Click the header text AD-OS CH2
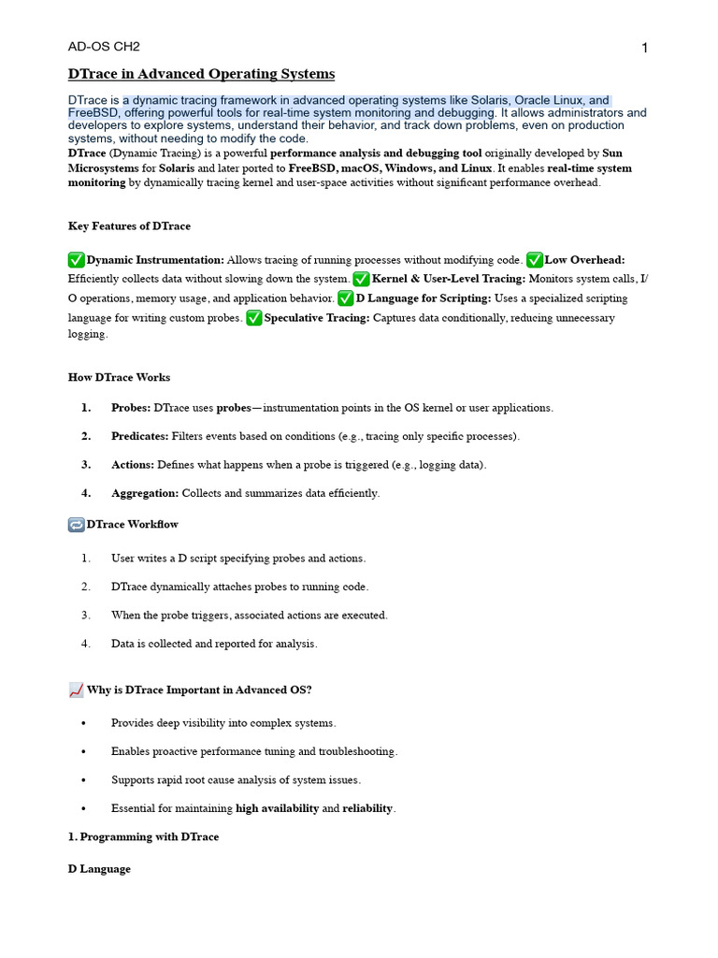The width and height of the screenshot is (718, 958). click(x=104, y=47)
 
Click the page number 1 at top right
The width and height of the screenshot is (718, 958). click(x=645, y=49)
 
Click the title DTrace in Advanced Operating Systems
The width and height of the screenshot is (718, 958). click(x=201, y=74)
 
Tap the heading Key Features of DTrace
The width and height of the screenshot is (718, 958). click(x=129, y=225)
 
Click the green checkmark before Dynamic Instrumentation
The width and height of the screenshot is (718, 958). click(x=77, y=259)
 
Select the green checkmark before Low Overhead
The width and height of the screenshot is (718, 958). click(x=535, y=259)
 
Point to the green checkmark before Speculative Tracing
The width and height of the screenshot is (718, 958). click(x=254, y=318)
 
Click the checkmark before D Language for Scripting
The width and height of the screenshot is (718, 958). click(x=346, y=298)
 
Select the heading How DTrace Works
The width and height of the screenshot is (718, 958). click(x=120, y=377)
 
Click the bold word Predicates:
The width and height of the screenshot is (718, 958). click(x=139, y=436)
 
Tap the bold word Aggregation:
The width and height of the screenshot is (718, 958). click(x=145, y=493)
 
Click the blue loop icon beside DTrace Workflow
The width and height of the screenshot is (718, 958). click(x=77, y=525)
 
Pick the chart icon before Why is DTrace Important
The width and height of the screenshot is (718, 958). click(x=77, y=690)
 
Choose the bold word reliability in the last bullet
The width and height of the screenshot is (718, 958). click(x=367, y=808)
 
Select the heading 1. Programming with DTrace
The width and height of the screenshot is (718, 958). click(x=144, y=836)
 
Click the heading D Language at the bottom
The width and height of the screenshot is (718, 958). click(x=99, y=869)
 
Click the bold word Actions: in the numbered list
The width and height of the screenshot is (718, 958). click(x=133, y=464)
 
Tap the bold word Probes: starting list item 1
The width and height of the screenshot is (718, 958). click(x=131, y=408)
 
